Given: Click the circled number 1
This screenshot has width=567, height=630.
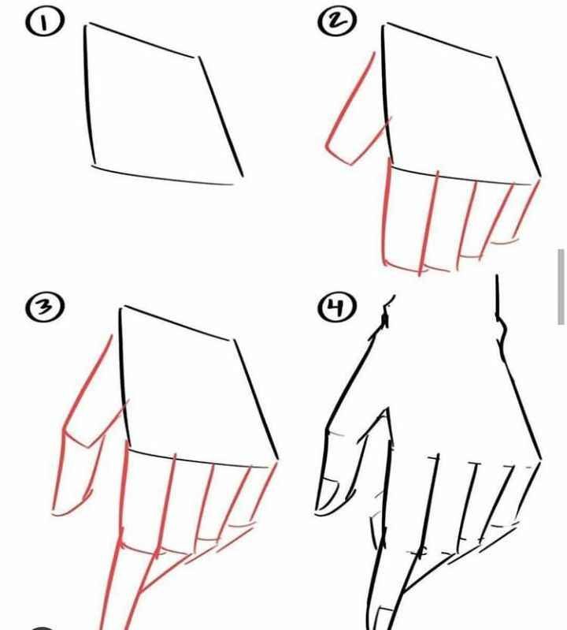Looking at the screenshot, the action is (44, 22).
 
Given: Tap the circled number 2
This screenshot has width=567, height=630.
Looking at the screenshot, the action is (337, 21).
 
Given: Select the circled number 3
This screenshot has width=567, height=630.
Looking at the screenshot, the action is (45, 308).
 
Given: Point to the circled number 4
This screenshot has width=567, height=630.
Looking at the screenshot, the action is (337, 308).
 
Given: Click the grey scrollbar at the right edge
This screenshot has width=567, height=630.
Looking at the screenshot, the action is (561, 286).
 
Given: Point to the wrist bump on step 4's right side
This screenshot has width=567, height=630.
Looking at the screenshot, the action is (502, 331).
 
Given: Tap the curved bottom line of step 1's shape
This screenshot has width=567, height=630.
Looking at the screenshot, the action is (162, 177).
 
